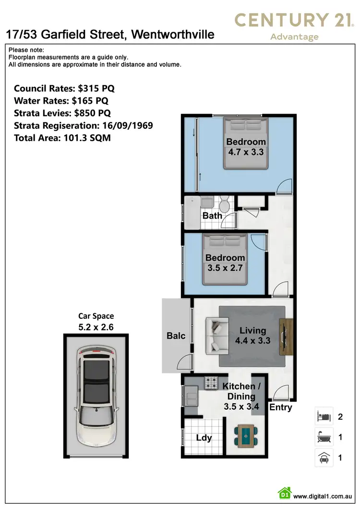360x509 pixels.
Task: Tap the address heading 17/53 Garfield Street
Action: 110,35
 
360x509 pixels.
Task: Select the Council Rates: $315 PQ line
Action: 64,88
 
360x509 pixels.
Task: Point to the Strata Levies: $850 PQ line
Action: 62,113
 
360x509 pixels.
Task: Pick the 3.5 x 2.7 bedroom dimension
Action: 225,268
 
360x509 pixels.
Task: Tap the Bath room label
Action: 212,216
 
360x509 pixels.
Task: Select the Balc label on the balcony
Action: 176,336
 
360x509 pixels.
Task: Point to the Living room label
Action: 253,330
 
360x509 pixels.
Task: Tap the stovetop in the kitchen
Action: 211,383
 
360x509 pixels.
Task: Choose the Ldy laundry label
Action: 204,438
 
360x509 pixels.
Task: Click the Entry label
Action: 281,407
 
